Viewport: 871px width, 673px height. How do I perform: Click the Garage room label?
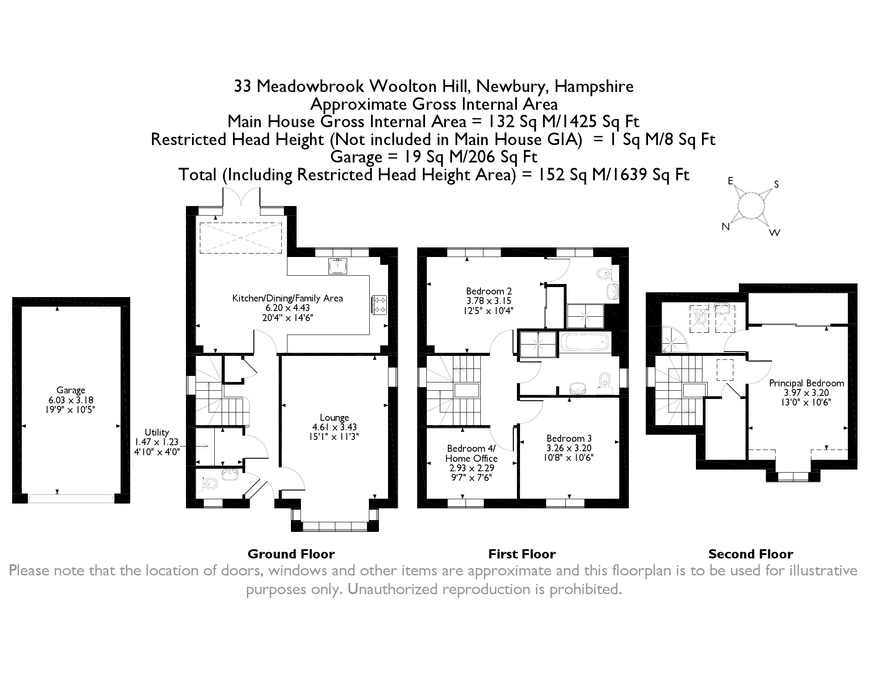[x=71, y=390]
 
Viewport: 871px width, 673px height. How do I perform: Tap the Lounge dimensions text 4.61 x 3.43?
[x=334, y=427]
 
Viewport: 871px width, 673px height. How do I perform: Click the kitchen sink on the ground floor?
[x=338, y=266]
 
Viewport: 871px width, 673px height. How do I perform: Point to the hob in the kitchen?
[x=379, y=304]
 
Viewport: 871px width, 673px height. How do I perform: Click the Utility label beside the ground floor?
[x=157, y=432]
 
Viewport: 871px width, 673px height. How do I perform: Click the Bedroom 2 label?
[x=489, y=291]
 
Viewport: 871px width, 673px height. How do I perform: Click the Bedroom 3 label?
[x=569, y=438]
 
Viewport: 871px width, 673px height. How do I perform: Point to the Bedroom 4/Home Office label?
[x=471, y=453]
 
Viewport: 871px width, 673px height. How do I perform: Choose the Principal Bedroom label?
[x=806, y=383]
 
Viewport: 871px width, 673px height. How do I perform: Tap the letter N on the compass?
[x=726, y=227]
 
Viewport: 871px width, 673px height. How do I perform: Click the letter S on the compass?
[x=776, y=185]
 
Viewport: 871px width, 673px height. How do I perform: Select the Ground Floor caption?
[x=291, y=554]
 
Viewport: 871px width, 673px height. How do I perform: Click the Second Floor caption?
[x=750, y=554]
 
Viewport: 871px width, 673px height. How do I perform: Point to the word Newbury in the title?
[x=512, y=86]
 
